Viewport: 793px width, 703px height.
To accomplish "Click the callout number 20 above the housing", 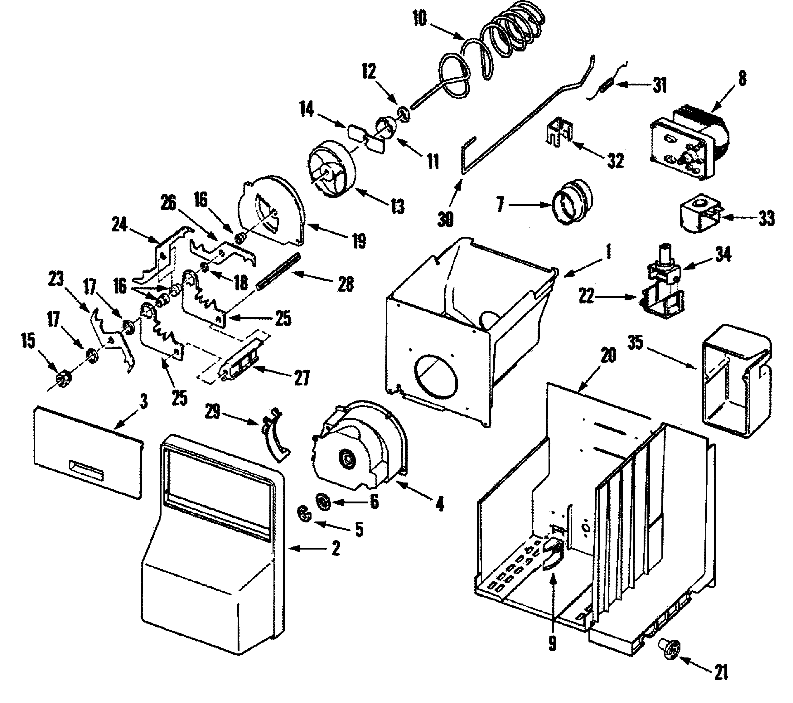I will tap(608, 355).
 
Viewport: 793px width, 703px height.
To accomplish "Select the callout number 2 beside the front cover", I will tap(336, 548).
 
